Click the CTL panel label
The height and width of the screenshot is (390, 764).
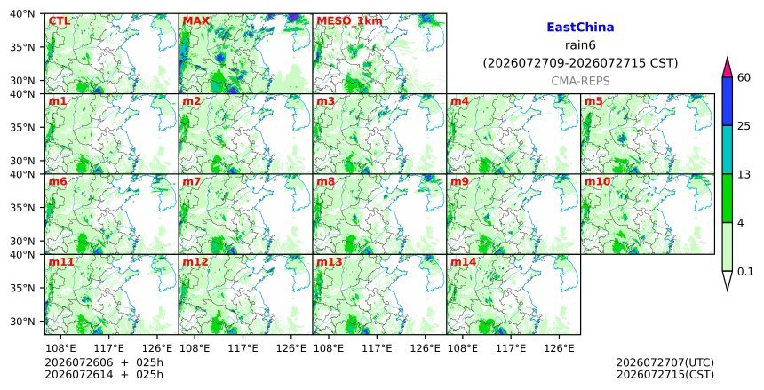pos(59,21)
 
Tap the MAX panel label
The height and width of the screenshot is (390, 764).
pos(195,21)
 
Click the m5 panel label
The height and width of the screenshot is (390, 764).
pos(593,101)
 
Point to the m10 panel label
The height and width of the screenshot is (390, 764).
pos(597,182)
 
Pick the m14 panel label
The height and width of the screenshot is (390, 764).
pos(463,262)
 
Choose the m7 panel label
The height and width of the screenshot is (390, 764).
pos(192,182)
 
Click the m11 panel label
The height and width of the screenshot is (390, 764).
pos(61,262)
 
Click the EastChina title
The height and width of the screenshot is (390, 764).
pos(580,28)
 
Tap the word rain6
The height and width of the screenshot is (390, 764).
pos(580,45)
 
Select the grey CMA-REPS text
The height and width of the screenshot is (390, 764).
pos(580,81)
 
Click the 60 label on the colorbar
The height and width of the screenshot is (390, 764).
pos(744,77)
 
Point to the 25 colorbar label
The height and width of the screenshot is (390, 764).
pos(744,126)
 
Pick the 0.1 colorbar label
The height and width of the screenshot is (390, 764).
pos(745,272)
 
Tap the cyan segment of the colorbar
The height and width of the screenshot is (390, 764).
pos(728,149)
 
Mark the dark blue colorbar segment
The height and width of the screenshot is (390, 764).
pos(728,101)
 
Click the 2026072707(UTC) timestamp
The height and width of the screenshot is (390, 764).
pos(665,362)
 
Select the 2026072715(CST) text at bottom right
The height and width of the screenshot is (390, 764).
pos(665,374)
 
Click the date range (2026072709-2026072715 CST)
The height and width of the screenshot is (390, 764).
pos(580,63)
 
